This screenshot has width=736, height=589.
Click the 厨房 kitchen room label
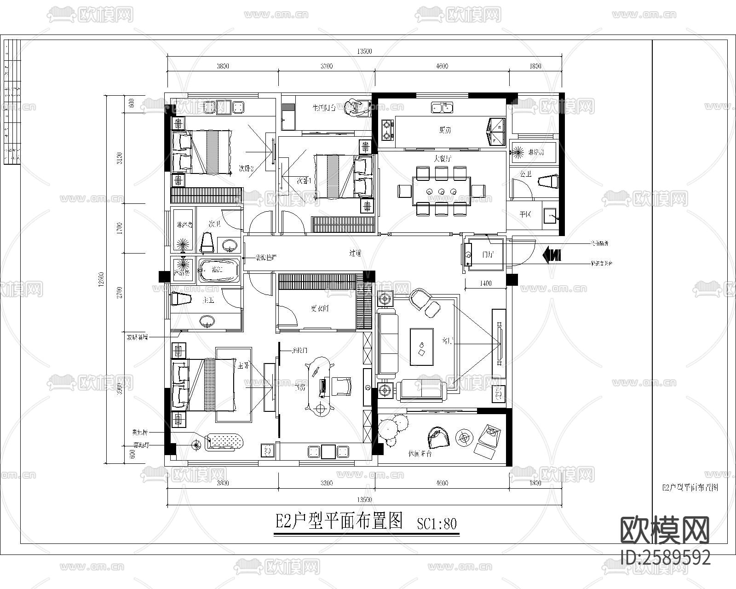click(x=444, y=130)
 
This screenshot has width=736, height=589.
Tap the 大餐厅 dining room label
click(x=442, y=159)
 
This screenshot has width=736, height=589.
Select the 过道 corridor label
click(x=354, y=253)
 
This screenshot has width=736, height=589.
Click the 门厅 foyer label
click(x=488, y=254)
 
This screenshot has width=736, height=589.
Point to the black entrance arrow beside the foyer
click(x=552, y=254)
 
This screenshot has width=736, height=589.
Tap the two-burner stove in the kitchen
click(x=387, y=129)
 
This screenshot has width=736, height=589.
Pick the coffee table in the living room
click(x=421, y=347)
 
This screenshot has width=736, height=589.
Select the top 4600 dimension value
click(x=442, y=66)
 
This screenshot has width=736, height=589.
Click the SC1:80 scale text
click(x=437, y=524)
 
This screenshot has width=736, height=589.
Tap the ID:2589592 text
click(x=665, y=558)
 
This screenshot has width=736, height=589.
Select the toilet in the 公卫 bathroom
click(x=548, y=181)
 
